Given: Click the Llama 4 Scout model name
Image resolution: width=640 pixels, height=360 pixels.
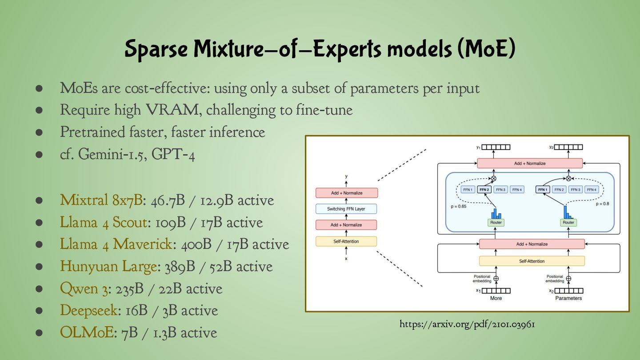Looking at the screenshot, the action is pos(104,222).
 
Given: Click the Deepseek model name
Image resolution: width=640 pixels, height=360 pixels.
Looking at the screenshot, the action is pos(89,311).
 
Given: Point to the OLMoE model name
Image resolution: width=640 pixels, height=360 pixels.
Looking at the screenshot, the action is pos(87,333).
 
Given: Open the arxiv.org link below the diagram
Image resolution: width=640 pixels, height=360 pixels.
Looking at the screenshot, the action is pos(467,324).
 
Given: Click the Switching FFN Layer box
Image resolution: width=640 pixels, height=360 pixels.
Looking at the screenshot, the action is pos(346,209).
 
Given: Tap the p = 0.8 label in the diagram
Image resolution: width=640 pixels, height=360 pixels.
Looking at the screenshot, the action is pos(603,204).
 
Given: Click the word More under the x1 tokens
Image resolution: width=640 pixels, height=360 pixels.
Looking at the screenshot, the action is pos(496,298).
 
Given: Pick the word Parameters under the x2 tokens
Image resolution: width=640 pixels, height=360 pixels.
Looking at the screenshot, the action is pos(568,298).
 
